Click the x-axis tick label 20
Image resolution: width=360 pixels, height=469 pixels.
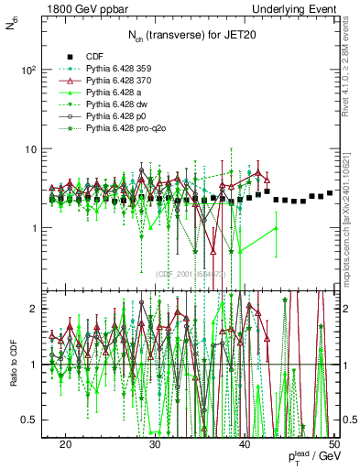pos(66,443)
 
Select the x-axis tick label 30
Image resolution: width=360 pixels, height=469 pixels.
pos(156,443)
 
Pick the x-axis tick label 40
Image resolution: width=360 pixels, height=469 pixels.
pos(245,443)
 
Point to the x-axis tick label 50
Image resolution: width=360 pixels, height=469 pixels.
pos(334,443)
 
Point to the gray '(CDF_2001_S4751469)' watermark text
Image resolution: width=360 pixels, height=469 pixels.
pos(195,273)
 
